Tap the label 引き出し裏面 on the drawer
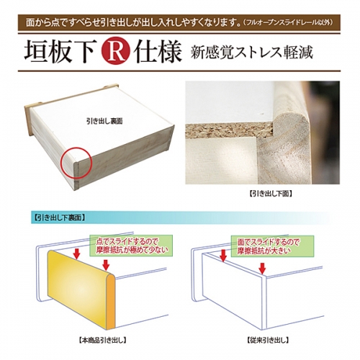(x=104, y=121)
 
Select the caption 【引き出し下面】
(x=271, y=194)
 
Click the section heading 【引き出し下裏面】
(x=58, y=217)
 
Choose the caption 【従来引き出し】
(x=268, y=340)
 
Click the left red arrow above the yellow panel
(x=77, y=254)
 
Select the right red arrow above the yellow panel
(x=106, y=265)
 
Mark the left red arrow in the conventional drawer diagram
(x=223, y=256)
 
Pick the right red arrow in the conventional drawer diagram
(x=263, y=269)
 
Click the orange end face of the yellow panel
(x=111, y=303)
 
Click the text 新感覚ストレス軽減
(x=252, y=52)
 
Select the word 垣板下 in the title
(x=59, y=52)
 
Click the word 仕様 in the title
(x=158, y=52)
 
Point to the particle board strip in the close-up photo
(x=230, y=131)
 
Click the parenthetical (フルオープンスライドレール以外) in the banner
(x=287, y=23)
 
